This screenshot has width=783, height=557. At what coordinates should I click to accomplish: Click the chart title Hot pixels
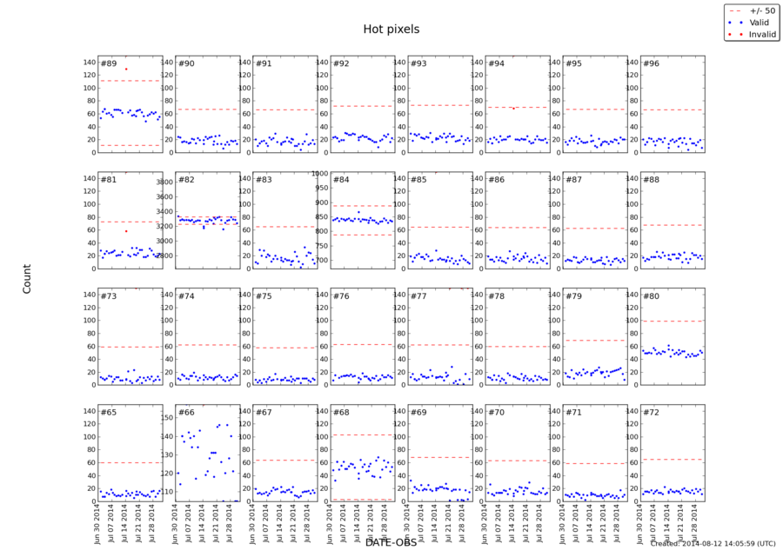391,30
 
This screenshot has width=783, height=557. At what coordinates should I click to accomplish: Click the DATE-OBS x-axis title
391,542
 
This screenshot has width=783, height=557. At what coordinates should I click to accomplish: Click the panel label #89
109,64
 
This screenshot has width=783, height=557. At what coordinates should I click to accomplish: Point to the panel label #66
186,412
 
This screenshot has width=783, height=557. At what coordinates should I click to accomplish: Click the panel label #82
186,180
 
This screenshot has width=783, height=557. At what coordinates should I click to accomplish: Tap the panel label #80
651,296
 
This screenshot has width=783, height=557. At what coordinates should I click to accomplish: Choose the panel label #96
651,64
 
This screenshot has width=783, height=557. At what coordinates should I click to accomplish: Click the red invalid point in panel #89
126,69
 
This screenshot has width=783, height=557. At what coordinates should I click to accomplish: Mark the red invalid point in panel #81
126,231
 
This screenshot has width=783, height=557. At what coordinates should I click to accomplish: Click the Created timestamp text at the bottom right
713,544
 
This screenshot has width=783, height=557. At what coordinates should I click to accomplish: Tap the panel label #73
109,296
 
